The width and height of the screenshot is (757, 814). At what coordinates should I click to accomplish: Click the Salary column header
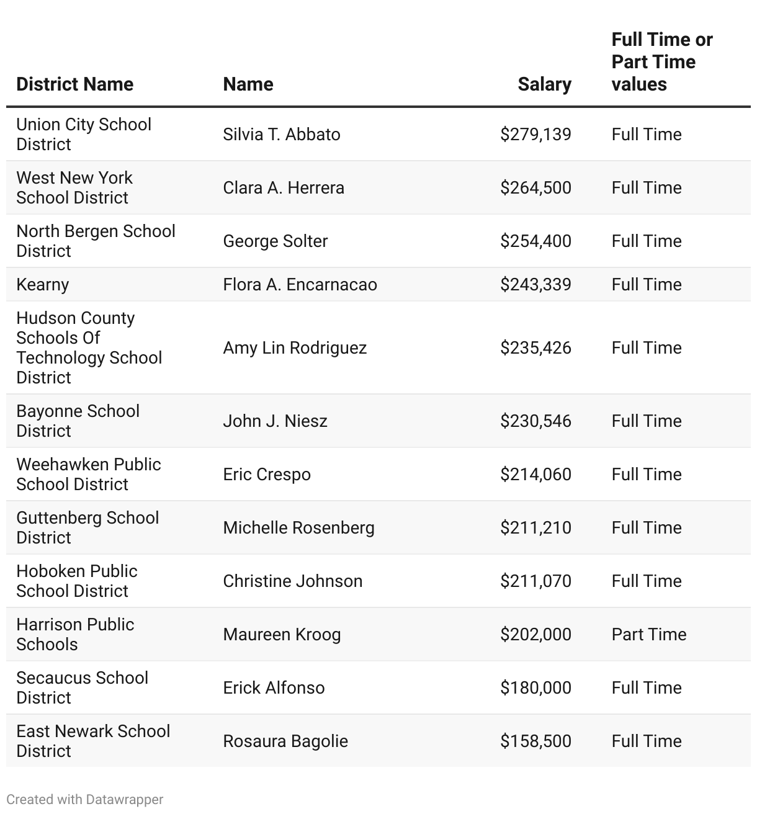(x=544, y=84)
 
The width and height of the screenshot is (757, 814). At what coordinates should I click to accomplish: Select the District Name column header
(x=74, y=84)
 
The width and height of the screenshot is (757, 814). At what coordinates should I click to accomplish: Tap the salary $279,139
(x=535, y=135)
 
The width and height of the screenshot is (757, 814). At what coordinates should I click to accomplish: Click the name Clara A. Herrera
(x=283, y=188)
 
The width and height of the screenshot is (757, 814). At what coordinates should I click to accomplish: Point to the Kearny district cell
(x=42, y=285)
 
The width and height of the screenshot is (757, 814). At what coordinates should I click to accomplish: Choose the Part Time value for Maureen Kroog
(x=648, y=635)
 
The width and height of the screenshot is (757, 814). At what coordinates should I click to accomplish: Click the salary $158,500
(x=535, y=741)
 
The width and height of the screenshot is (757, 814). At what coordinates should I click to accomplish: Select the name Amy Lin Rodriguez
(x=295, y=348)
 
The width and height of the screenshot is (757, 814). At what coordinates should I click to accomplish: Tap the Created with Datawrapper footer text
(x=85, y=800)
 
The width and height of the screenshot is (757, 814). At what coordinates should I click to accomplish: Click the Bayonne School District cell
(x=78, y=421)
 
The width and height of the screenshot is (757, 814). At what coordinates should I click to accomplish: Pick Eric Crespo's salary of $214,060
(x=535, y=475)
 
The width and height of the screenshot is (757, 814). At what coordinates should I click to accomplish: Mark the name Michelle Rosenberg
(x=298, y=528)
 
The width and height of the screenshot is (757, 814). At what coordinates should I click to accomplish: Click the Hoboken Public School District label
(x=77, y=581)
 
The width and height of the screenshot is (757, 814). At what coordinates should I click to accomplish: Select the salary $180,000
(x=535, y=688)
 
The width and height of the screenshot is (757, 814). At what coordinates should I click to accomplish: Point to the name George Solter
(x=275, y=241)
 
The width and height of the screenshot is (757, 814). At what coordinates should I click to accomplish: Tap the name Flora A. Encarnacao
(x=300, y=285)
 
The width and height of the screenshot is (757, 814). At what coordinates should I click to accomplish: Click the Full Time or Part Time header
(x=661, y=62)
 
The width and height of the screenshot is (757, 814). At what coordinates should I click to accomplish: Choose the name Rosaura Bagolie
(x=285, y=741)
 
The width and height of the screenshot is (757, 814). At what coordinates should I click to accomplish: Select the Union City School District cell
(x=84, y=135)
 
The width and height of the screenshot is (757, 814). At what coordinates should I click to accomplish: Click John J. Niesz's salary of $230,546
(x=535, y=421)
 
